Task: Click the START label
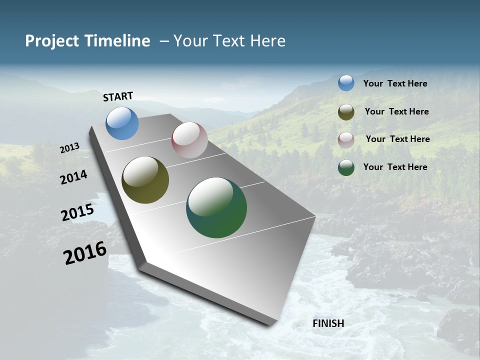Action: click(118, 96)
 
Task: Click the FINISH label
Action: click(328, 323)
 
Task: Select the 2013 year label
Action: click(70, 148)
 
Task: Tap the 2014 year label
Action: click(74, 177)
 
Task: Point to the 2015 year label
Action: click(77, 212)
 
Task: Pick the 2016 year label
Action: click(85, 253)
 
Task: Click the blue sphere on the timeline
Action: click(122, 123)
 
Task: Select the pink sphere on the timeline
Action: click(189, 140)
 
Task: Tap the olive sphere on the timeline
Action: click(145, 180)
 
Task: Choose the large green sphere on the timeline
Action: click(216, 207)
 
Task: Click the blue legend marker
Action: click(346, 83)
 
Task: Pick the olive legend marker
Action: click(346, 112)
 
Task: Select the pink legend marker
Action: click(346, 140)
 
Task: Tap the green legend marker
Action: click(346, 167)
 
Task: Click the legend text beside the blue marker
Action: click(395, 83)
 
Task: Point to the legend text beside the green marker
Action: click(395, 166)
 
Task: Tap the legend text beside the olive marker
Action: click(396, 111)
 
